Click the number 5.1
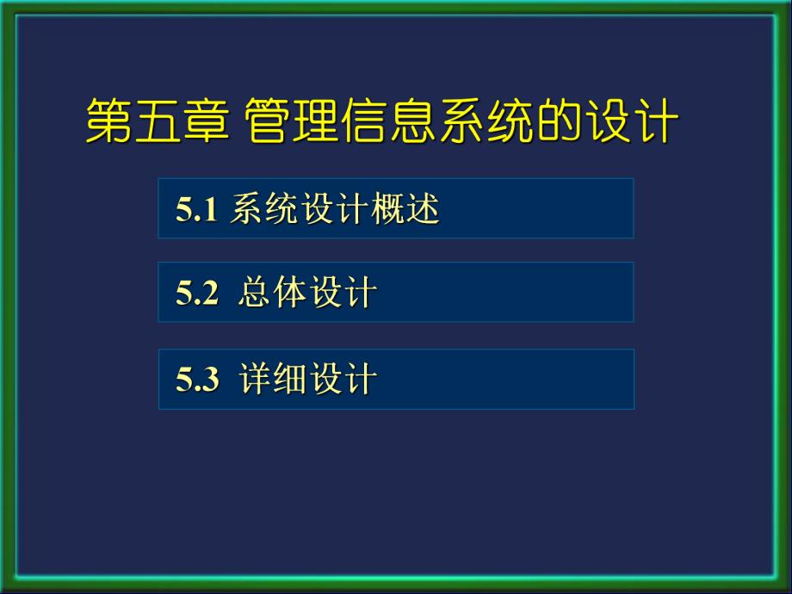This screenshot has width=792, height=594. [x=195, y=210]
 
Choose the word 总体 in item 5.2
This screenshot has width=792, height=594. [x=273, y=294]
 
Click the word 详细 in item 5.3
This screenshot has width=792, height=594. [x=273, y=380]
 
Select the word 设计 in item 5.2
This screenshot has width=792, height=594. [x=343, y=294]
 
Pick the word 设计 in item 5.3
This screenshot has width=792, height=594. [x=343, y=380]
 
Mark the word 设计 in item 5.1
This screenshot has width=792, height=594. [x=334, y=209]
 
